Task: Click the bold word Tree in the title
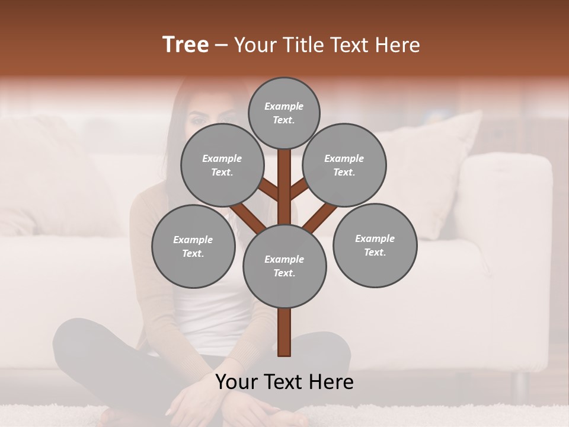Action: pos(186,45)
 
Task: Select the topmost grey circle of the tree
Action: pos(284,113)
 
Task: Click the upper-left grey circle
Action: pos(222,165)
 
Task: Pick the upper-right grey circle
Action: pos(344,165)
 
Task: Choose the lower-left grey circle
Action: pos(193,246)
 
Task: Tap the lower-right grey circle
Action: pos(375,245)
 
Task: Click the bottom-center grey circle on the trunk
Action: pos(284,266)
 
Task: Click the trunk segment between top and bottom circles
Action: pos(284,187)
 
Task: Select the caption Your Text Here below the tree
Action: pos(284,382)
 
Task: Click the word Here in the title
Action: pos(400,45)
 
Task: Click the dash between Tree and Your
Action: pos(221,45)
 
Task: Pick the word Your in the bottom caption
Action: pos(237,382)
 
